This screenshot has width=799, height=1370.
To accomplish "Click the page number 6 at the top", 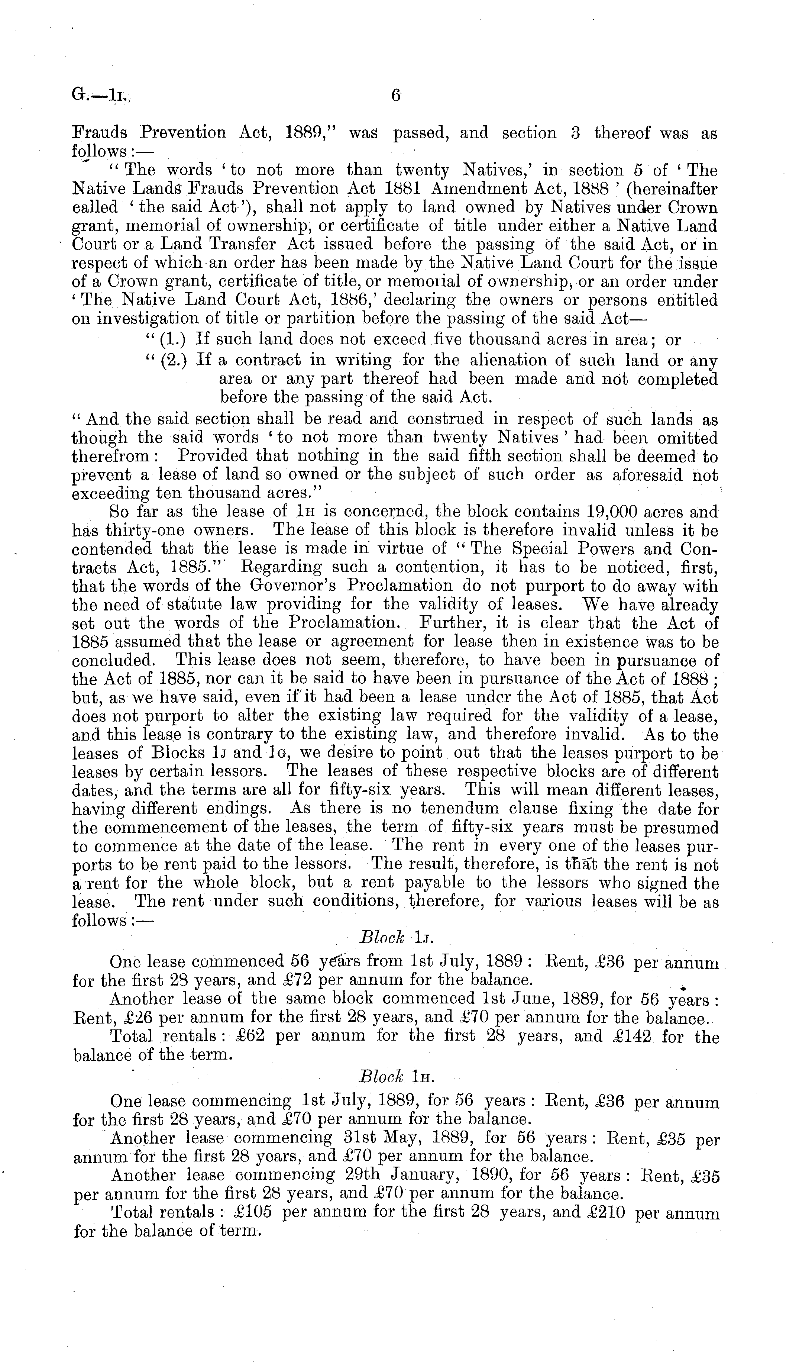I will coord(396,96).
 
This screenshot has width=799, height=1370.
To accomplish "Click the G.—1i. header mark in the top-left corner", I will coord(100,96).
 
